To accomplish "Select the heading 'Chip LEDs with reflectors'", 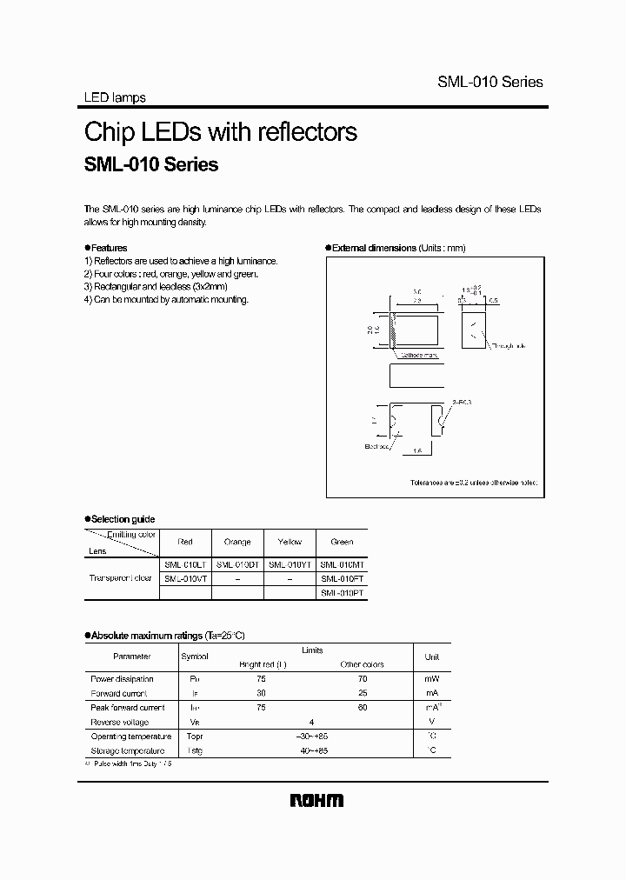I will click(x=220, y=132).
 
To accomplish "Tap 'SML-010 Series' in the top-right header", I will click(x=489, y=82).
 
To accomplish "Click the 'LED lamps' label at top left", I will click(x=114, y=98).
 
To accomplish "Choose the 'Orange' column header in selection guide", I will click(x=236, y=542).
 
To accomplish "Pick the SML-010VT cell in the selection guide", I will click(x=184, y=577).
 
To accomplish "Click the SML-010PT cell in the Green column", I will click(x=342, y=591).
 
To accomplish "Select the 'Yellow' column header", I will click(x=290, y=542).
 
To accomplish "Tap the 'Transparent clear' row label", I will click(x=121, y=577).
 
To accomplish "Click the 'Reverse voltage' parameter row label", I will click(x=119, y=722).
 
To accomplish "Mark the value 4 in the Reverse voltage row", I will click(x=312, y=722).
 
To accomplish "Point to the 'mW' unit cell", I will click(x=431, y=679).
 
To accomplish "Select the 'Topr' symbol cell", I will click(x=194, y=736).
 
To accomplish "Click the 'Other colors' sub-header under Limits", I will click(x=362, y=664).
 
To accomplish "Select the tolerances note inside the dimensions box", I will click(x=474, y=482).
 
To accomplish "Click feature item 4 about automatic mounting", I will click(x=166, y=299).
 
